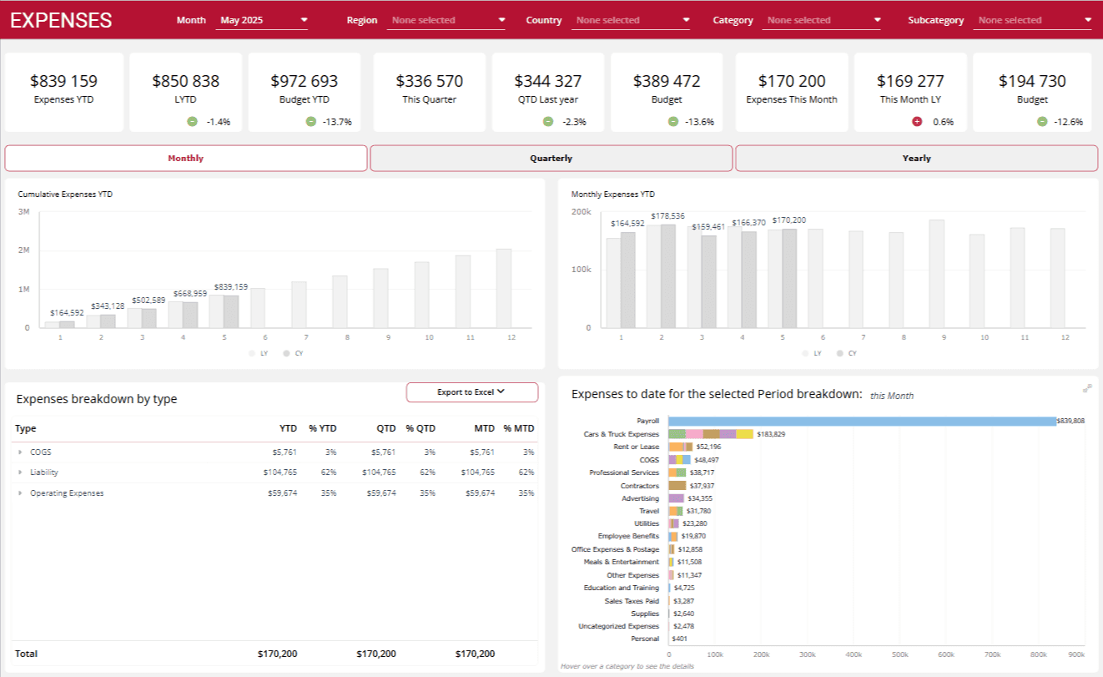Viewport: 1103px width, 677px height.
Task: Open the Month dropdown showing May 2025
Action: pos(262,20)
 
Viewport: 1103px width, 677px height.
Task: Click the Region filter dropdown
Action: pos(446,20)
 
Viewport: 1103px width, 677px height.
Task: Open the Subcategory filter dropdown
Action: pos(1033,20)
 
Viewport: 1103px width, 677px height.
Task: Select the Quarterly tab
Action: pos(551,158)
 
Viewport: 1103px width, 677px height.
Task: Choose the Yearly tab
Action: pos(916,158)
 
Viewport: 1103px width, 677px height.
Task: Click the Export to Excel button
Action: pos(471,392)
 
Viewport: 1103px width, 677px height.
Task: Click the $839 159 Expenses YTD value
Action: pos(64,82)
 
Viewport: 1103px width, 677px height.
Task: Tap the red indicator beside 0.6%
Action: pos(917,122)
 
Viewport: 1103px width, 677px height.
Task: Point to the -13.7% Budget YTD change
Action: pos(337,122)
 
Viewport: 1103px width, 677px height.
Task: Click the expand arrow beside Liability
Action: pos(20,472)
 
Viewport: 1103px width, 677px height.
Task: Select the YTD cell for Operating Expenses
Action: pos(280,493)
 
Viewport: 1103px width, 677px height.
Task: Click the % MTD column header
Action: pos(518,428)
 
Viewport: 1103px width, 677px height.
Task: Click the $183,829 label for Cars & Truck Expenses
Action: pos(771,434)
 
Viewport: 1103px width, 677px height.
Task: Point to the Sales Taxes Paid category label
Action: pos(631,601)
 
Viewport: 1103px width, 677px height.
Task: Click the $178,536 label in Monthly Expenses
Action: pos(667,216)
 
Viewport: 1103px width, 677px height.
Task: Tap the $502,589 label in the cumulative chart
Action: pos(147,300)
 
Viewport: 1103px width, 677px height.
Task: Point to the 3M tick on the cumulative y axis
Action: pos(23,212)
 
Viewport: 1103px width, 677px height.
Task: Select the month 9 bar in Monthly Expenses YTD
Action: pos(936,274)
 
